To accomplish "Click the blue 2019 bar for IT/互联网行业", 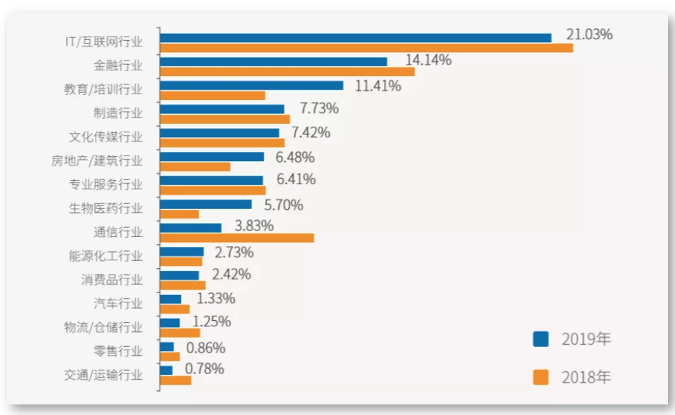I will point(355,37).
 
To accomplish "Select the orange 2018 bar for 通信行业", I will point(237,238).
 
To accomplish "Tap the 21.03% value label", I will point(589,34).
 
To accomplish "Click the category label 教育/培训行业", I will point(103,89).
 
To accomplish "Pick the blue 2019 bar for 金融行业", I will point(274,61).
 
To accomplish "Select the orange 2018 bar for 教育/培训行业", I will point(212,95).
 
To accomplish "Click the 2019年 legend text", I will point(586,339).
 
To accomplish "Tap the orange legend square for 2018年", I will point(541,377).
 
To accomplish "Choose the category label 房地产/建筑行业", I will point(97,160).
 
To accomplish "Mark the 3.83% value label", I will point(255,226).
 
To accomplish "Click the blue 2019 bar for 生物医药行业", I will point(206,204).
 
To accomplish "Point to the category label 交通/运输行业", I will point(103,375).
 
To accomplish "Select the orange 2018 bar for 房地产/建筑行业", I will point(195,167).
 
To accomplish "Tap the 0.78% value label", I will point(205,369).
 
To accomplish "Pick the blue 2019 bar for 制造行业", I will point(222,109).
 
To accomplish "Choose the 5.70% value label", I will point(283,205).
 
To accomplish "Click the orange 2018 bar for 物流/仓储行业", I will point(180,333).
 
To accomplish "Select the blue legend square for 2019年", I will point(541,339).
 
